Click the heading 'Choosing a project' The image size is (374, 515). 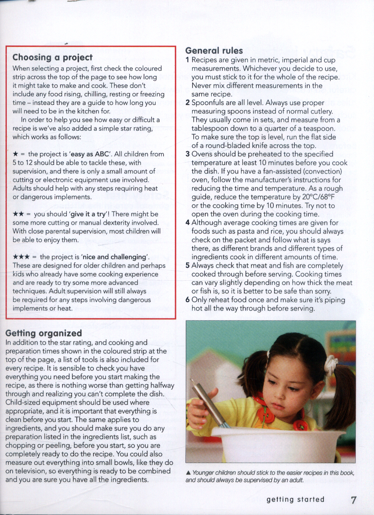tap(52, 58)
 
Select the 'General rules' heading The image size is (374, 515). tap(214, 50)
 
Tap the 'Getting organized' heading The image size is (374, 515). tap(44, 333)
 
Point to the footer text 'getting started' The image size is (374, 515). tap(296, 500)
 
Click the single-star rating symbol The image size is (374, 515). tap(16, 154)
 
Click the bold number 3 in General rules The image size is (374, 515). tap(188, 154)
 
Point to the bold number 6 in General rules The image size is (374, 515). tap(188, 300)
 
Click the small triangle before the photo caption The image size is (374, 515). tap(188, 473)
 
